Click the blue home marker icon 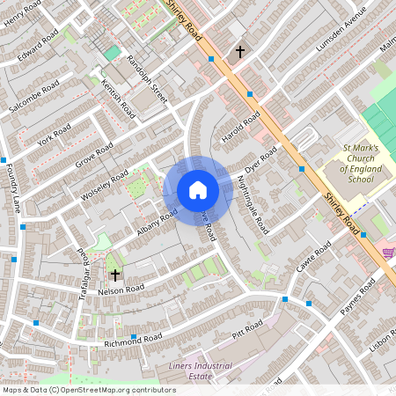[197, 189]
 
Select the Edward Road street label [41, 40]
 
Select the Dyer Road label [260, 161]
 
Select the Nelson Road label [121, 289]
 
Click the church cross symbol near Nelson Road [114, 275]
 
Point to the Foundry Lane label [16, 193]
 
